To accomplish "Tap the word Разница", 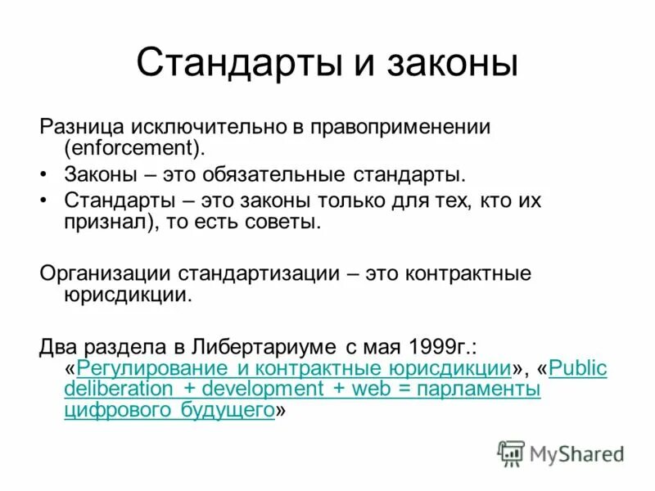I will point(79,128).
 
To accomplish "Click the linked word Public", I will point(578,367).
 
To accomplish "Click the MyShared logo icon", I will point(512,453).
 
